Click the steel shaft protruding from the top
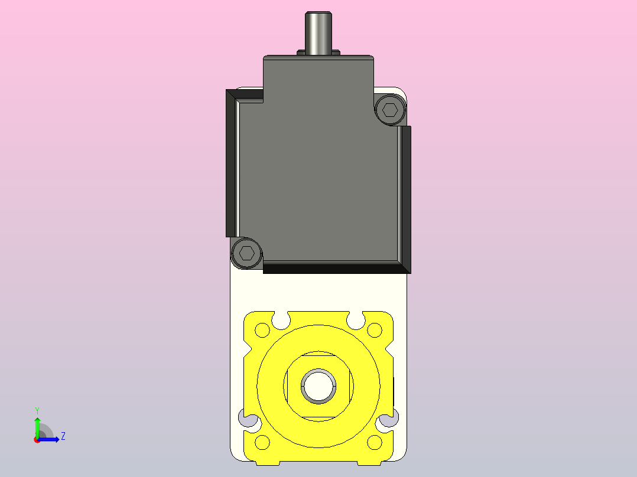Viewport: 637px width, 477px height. click(x=318, y=32)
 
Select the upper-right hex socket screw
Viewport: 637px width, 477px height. click(x=391, y=110)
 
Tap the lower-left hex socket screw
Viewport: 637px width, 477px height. click(x=246, y=253)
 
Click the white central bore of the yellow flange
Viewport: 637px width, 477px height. click(x=318, y=386)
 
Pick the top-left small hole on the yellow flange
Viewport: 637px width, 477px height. click(x=262, y=330)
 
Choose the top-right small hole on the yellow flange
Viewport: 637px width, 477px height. click(x=375, y=330)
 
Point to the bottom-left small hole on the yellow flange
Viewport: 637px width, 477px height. click(x=262, y=442)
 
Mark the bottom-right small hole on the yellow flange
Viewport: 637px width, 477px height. click(x=375, y=442)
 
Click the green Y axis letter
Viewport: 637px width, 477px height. click(x=37, y=411)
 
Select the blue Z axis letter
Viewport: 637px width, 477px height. click(x=63, y=436)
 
